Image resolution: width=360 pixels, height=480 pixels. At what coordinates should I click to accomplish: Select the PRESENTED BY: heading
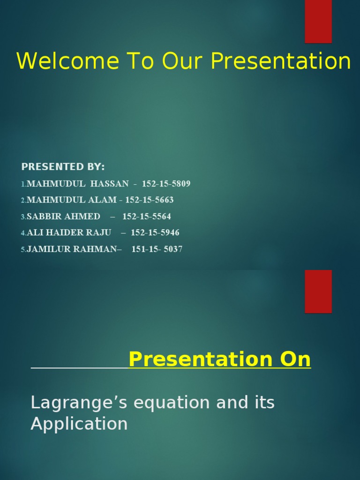[63, 167]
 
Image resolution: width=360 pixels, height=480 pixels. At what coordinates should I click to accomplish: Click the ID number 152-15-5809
[166, 184]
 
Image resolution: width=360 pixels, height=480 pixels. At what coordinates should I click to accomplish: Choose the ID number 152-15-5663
[149, 200]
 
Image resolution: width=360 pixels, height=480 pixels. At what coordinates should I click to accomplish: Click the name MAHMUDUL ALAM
[72, 200]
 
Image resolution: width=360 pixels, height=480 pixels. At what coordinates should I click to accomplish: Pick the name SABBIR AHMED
[64, 217]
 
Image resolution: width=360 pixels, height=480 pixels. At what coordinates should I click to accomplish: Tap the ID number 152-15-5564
[147, 217]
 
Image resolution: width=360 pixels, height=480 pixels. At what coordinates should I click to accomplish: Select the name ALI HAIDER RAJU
[69, 233]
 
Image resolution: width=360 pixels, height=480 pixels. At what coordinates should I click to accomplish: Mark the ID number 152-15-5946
[155, 233]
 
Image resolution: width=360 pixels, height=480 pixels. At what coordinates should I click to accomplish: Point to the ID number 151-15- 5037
[157, 249]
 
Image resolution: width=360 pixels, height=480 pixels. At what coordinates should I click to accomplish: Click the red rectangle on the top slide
[318, 21]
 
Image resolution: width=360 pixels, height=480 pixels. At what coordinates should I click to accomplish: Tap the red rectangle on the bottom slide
[318, 291]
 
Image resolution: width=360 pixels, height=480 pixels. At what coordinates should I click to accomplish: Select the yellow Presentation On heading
[219, 360]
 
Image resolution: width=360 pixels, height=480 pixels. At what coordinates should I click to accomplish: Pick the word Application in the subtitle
[79, 424]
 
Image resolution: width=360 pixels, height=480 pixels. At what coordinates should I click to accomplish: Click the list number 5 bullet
[23, 250]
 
